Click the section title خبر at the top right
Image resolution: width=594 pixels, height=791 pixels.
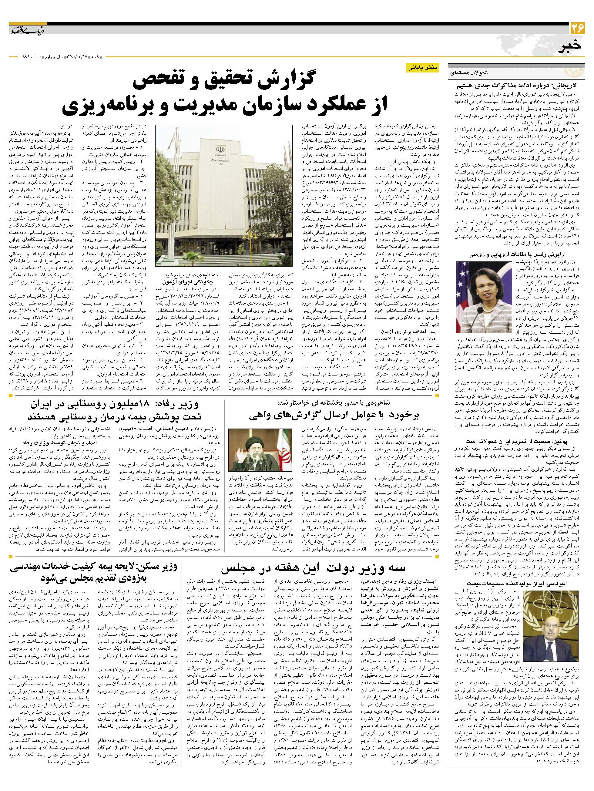point(572,46)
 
